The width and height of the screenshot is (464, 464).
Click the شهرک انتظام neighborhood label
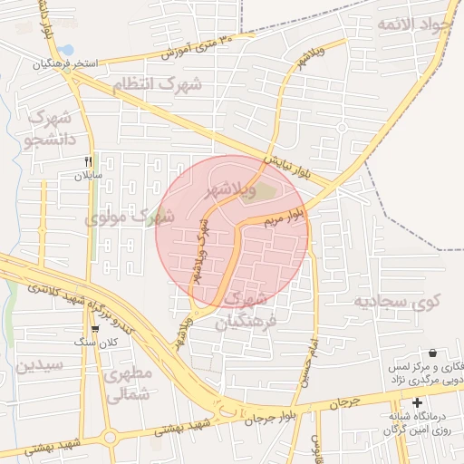[x=171, y=84]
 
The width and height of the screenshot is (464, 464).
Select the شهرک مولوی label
[x=130, y=217]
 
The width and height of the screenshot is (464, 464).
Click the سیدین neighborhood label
[x=38, y=365]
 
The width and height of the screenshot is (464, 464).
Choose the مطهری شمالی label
[x=126, y=383]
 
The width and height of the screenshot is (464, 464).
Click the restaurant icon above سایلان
[x=89, y=160]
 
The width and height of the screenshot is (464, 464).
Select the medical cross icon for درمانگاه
[x=417, y=402]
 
